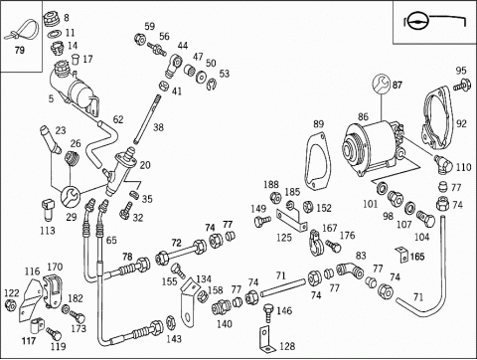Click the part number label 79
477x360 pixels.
click(x=20, y=51)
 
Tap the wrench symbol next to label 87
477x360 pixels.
click(x=382, y=85)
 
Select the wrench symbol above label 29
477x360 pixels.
click(x=70, y=195)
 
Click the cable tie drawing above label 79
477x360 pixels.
click(x=23, y=31)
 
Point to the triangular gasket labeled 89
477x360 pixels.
click(x=317, y=161)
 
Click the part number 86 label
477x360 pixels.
click(x=363, y=116)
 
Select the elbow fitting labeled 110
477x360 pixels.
click(x=442, y=164)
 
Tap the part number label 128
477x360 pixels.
click(x=287, y=346)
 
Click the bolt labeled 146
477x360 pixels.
click(x=269, y=313)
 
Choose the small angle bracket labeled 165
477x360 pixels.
click(x=402, y=255)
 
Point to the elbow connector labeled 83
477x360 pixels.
click(x=350, y=270)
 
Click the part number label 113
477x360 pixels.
click(x=48, y=231)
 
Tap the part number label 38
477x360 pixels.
click(x=158, y=127)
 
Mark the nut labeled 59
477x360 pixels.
click(x=140, y=39)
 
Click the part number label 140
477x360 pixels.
click(x=225, y=324)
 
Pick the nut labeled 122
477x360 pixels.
click(x=11, y=304)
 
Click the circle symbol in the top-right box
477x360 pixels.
click(x=418, y=22)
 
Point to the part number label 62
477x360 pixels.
click(x=118, y=119)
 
